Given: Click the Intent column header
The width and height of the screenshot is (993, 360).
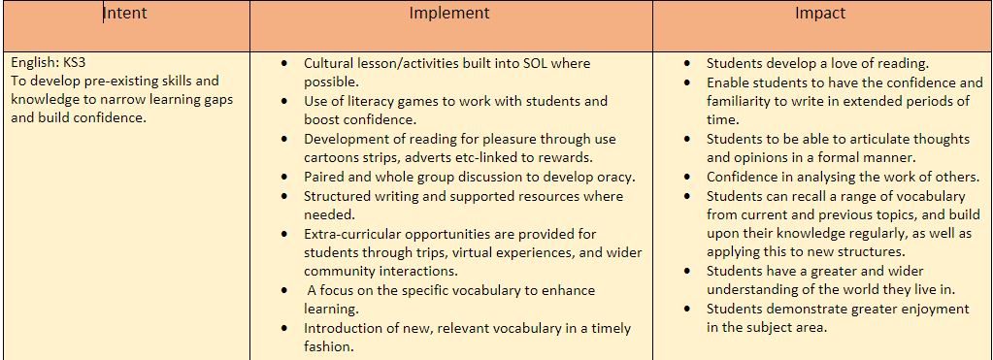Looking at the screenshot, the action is [x=125, y=13].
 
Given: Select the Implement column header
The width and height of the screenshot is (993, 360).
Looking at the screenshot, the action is [x=449, y=13].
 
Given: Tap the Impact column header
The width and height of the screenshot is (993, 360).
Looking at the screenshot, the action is [x=820, y=13].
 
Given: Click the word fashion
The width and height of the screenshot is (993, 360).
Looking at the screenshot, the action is [x=326, y=346].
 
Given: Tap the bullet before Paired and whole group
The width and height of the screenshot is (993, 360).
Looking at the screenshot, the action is [x=288, y=178].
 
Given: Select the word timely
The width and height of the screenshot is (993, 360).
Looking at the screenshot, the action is [x=611, y=328].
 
